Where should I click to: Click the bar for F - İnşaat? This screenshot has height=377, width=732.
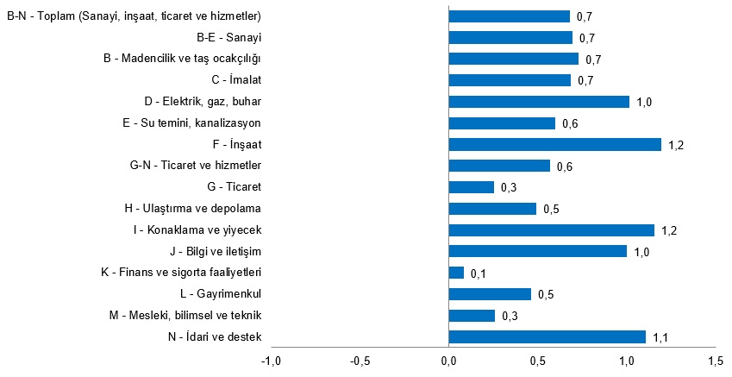click(x=554, y=144)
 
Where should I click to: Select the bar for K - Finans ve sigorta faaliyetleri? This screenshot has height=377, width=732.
click(x=456, y=273)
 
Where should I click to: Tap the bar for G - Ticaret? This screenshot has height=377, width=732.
click(x=472, y=187)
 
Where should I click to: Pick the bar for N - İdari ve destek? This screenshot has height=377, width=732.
click(x=547, y=336)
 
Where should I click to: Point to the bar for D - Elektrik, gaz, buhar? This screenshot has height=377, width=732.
click(x=539, y=102)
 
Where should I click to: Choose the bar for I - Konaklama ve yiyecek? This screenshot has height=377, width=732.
click(x=551, y=230)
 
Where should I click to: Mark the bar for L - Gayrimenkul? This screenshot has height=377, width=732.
click(x=490, y=294)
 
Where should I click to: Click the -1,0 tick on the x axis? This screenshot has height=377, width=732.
click(x=272, y=360)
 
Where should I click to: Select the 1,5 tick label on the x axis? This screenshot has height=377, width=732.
click(x=715, y=360)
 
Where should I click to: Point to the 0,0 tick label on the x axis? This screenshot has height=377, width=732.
click(x=449, y=360)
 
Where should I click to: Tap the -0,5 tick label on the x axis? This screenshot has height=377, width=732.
click(x=360, y=360)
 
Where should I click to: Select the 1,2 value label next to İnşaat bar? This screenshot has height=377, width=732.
click(x=676, y=145)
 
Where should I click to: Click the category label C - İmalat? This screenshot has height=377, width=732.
click(x=235, y=80)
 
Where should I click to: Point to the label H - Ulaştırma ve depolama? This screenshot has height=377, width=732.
click(x=192, y=209)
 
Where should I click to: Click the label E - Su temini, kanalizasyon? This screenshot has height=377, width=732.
click(x=191, y=123)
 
